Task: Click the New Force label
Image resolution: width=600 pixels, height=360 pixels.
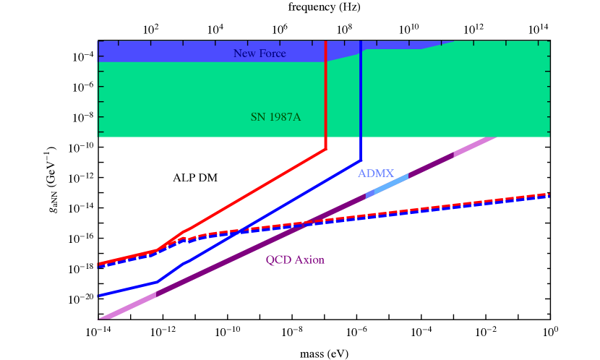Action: pyautogui.click(x=260, y=53)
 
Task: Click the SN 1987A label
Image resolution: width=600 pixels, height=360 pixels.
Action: pyautogui.click(x=275, y=116)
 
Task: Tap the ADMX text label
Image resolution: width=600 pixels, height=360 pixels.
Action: pyautogui.click(x=376, y=173)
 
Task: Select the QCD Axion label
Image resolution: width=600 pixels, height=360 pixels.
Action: pyautogui.click(x=295, y=260)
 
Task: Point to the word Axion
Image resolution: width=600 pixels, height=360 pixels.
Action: pyautogui.click(x=309, y=260)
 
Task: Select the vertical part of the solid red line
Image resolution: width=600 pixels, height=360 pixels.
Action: pyautogui.click(x=326, y=94)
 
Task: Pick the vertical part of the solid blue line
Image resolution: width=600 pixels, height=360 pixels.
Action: pyautogui.click(x=361, y=101)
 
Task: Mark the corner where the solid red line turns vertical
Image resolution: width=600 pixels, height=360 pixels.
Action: pyautogui.click(x=326, y=150)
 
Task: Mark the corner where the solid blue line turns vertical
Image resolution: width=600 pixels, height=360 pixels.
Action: pyautogui.click(x=361, y=160)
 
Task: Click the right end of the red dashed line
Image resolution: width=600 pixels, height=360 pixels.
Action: pyautogui.click(x=549, y=194)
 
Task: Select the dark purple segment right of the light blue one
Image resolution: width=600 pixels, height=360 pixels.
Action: pyautogui.click(x=431, y=166)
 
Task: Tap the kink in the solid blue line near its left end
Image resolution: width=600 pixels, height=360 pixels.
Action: pyautogui.click(x=155, y=282)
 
